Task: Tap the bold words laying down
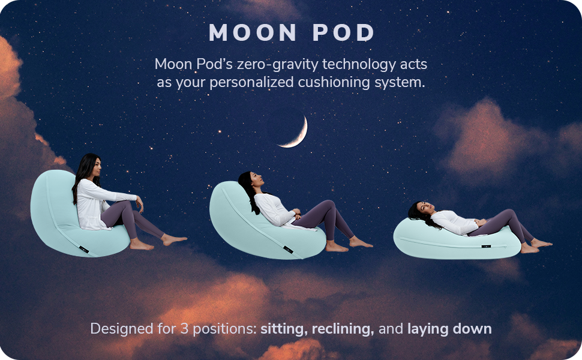[x=449, y=329]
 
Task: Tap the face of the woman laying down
[x=422, y=208]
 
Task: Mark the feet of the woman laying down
[x=534, y=245]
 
